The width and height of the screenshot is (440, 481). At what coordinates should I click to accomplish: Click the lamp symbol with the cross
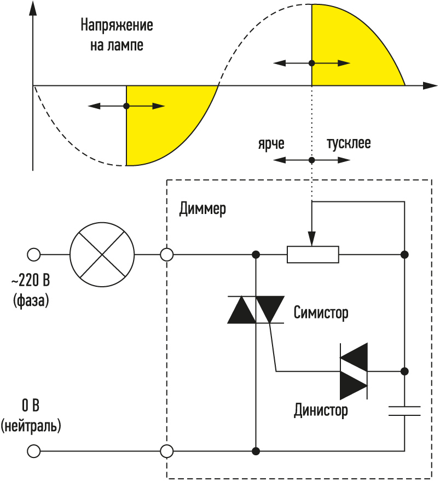click(102, 254)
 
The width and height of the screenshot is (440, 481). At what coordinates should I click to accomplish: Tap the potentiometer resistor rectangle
click(313, 254)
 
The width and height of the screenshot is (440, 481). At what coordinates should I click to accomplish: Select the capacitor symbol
click(404, 411)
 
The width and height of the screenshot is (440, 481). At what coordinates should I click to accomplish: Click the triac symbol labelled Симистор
click(256, 310)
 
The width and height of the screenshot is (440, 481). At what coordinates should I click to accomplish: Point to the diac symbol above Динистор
click(354, 372)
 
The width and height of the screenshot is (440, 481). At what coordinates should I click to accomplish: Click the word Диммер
click(202, 209)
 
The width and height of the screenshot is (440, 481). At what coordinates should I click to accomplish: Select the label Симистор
click(321, 313)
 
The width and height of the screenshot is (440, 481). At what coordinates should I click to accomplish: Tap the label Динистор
click(321, 410)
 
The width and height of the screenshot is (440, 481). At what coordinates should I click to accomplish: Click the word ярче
click(271, 143)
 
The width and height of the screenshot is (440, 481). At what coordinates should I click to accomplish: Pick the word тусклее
click(349, 143)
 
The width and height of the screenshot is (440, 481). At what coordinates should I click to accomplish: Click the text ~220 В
click(31, 280)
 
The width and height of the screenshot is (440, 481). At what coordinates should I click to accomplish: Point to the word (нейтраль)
click(31, 426)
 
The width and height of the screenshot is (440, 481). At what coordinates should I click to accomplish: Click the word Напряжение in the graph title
click(117, 25)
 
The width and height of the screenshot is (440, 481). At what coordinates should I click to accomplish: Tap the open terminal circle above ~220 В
click(34, 254)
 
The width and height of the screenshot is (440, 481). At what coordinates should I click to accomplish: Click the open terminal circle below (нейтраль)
click(34, 451)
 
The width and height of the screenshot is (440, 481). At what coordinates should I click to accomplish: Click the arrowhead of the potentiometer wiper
click(312, 239)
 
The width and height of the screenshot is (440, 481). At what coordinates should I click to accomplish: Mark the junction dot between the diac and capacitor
click(405, 372)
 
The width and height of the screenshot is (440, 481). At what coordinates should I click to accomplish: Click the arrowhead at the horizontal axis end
click(430, 86)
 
